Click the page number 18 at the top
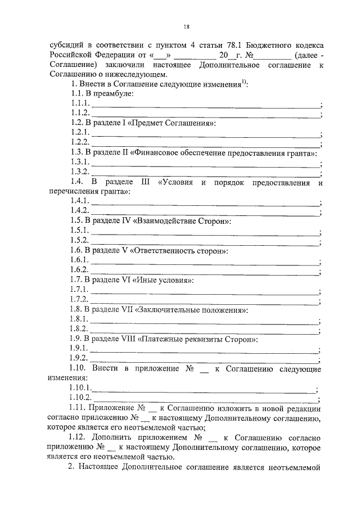tap(186, 26)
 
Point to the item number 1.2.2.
tap(79, 142)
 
